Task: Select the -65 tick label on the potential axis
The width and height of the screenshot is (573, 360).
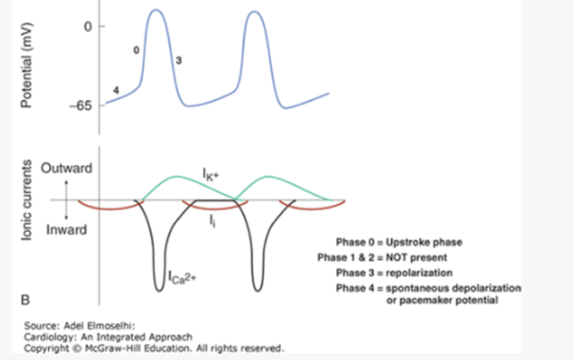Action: pos(81,105)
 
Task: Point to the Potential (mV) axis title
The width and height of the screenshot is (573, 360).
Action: pos(25,64)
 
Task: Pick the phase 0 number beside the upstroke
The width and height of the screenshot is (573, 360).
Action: pos(137,51)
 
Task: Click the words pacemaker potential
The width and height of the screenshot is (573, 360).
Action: pos(448,302)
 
